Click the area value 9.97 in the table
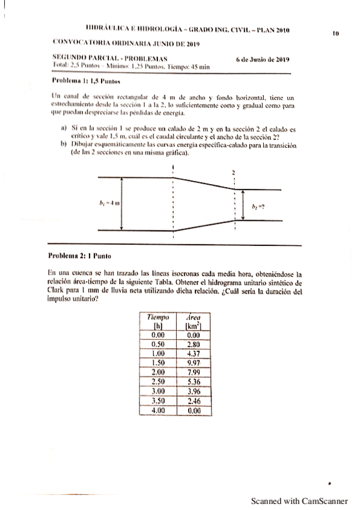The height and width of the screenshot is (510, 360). pos(193,363)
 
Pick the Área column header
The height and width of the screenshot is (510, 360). pos(193,317)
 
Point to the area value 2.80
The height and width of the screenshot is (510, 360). pos(193,346)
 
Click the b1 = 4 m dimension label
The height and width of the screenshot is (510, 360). pos(109,203)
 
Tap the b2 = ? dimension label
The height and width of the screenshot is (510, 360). pos(258,206)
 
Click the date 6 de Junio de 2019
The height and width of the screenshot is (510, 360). pos(263,60)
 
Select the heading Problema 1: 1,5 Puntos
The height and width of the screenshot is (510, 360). pos(78,80)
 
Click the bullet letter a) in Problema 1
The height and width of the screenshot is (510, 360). pos(64,129)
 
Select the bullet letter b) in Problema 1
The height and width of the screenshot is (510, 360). pos(64,145)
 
